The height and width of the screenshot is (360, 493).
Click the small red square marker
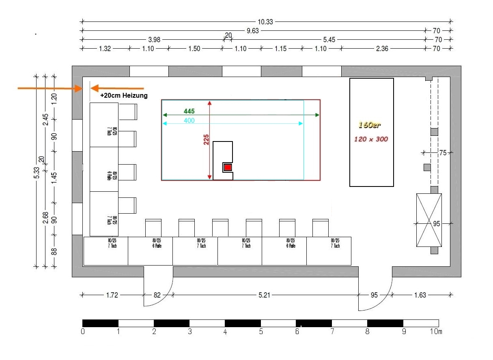point(228,167)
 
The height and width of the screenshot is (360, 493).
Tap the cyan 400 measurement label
point(189,120)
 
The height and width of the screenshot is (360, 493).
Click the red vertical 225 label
point(206,140)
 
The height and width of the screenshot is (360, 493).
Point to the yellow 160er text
point(370,125)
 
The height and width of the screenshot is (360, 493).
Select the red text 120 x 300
point(371,139)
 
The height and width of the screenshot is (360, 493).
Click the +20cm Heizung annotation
point(124,96)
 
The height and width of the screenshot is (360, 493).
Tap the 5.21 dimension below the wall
point(264,295)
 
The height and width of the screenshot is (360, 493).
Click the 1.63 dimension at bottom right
point(420,295)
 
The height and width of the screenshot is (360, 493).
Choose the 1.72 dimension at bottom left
point(112,295)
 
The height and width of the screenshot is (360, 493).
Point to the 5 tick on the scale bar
point(261,332)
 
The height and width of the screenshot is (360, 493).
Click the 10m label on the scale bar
point(437,332)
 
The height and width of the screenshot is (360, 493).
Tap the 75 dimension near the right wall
point(443,153)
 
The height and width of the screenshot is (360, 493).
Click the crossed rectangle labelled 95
point(429,220)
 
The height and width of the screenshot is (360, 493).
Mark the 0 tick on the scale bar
point(83,332)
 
